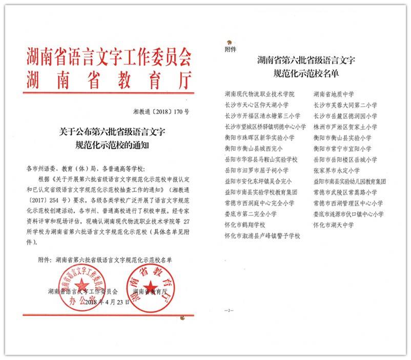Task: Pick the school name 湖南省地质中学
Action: (334, 94)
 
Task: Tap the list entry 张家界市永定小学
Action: (337, 170)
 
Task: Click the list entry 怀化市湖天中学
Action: (334, 225)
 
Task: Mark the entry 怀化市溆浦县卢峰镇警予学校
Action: (262, 236)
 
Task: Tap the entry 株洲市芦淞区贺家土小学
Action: (345, 127)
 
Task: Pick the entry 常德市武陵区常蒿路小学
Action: (345, 192)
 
